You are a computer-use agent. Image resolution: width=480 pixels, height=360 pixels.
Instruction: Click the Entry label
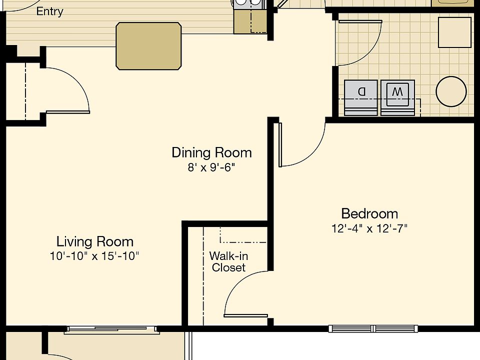click(x=49, y=11)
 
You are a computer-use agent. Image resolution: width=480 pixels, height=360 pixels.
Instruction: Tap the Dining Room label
click(x=211, y=152)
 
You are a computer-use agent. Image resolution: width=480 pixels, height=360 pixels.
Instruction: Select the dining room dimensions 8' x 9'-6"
click(x=211, y=167)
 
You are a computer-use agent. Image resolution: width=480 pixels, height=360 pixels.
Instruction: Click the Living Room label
click(x=94, y=242)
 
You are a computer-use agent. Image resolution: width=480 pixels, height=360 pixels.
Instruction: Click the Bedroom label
click(x=369, y=214)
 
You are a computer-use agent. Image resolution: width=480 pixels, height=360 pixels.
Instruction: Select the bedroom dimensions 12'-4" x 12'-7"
click(x=369, y=229)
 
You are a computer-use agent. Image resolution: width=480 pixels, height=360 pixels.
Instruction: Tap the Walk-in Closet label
click(x=228, y=261)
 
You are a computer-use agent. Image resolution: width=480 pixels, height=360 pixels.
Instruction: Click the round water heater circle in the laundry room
click(x=451, y=91)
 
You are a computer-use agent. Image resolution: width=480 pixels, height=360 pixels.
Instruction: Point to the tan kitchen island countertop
click(x=148, y=46)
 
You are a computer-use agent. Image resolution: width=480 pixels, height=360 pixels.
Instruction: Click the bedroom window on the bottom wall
click(x=373, y=328)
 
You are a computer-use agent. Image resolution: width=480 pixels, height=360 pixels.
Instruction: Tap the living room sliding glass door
click(x=112, y=329)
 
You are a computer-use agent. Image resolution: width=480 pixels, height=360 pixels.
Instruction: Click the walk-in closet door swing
click(x=245, y=295)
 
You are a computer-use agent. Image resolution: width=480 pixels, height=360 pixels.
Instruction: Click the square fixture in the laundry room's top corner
click(x=454, y=32)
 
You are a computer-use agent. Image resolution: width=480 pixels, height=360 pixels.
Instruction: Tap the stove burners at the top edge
click(x=248, y=3)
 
